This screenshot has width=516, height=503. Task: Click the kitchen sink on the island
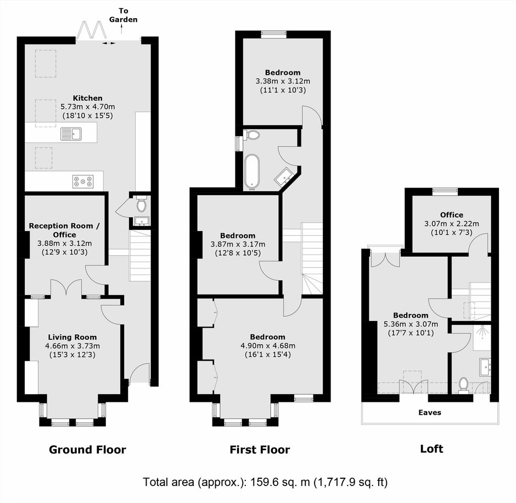[x=71, y=134]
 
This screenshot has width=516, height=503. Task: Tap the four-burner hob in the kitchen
[x=83, y=181]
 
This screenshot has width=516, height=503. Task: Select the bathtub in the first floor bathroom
[x=252, y=172]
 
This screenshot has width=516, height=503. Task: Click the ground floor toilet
[x=142, y=204]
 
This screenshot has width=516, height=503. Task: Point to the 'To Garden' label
[x=124, y=15]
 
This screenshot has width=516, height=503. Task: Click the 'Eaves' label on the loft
[x=430, y=412]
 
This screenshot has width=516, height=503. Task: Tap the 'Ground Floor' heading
[x=87, y=450]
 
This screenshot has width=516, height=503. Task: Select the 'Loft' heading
[x=431, y=449]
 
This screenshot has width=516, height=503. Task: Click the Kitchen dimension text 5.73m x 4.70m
[x=88, y=107]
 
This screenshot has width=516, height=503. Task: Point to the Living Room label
[x=72, y=337]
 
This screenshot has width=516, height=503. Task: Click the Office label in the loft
[x=451, y=215]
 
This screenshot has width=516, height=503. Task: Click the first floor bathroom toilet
[x=252, y=135]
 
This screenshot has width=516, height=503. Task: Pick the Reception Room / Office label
[x=64, y=230]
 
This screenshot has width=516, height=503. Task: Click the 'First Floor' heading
[x=260, y=450]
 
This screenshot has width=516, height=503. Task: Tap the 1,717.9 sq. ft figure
[x=351, y=482]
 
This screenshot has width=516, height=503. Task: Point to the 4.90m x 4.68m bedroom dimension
[x=268, y=346]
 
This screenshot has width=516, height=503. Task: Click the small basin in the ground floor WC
[x=142, y=220]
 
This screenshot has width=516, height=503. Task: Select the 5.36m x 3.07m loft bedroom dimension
[x=411, y=324]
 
